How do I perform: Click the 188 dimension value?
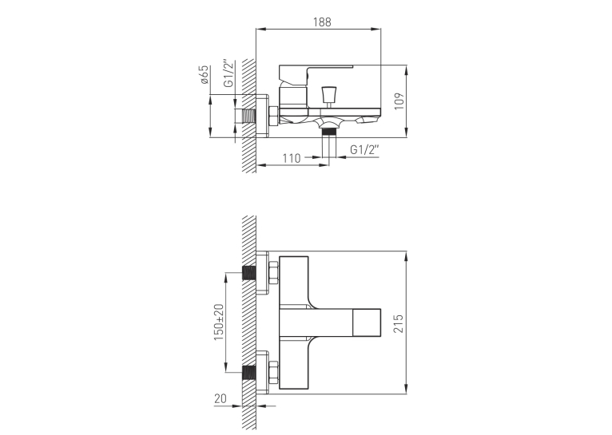(x=322, y=22)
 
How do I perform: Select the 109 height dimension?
(x=399, y=101)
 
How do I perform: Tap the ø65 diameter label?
(x=205, y=75)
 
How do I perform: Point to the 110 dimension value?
(x=292, y=158)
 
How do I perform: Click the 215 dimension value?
(x=399, y=323)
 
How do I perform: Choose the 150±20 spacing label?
(x=220, y=322)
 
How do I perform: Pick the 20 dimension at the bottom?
(x=221, y=398)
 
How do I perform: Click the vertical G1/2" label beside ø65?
(x=229, y=73)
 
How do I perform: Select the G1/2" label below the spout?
(x=364, y=150)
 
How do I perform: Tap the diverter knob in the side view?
(x=328, y=94)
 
